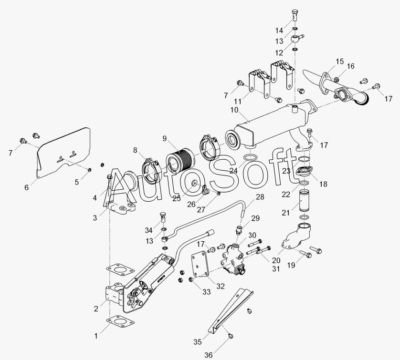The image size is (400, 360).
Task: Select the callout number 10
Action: (x=234, y=110)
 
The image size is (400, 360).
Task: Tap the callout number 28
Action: (x=260, y=196)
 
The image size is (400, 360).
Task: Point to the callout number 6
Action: (x=27, y=187)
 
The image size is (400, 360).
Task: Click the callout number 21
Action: (x=286, y=213)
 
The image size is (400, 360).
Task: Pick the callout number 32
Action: (x=220, y=286)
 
